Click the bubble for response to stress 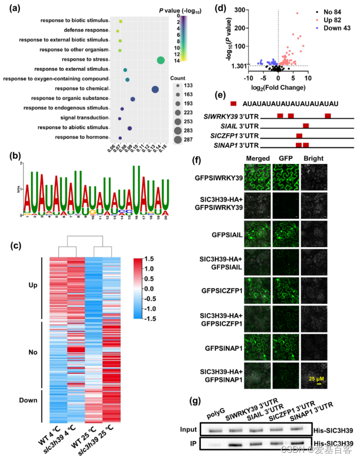(161, 60)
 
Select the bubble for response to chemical (155, 90)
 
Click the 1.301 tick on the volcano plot (243, 66)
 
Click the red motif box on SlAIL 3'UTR (306, 125)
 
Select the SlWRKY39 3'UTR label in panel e (237, 116)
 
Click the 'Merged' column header (259, 158)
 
